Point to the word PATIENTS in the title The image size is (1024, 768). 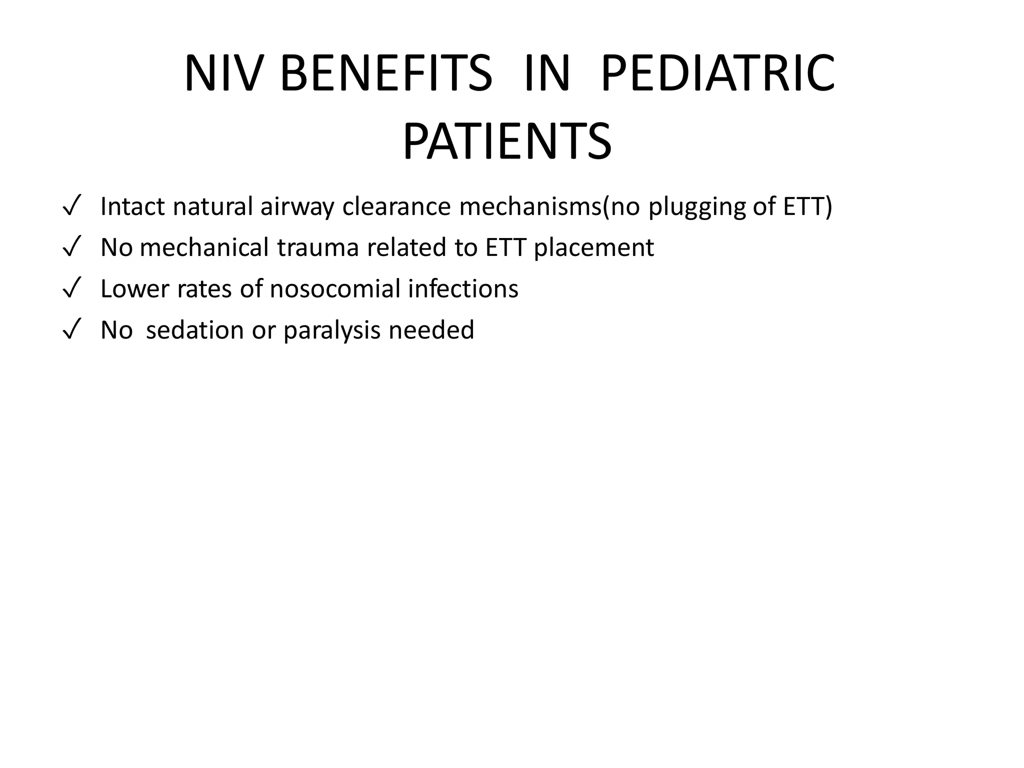(507, 142)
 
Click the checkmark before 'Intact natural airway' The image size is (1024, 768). (72, 207)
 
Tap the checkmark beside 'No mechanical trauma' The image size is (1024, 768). (72, 248)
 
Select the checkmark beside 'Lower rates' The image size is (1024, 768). (72, 289)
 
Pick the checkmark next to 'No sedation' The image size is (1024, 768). (72, 330)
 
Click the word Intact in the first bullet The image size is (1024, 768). (133, 206)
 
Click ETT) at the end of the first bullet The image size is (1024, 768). (807, 206)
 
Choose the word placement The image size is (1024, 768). (593, 248)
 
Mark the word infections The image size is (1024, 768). (463, 289)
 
